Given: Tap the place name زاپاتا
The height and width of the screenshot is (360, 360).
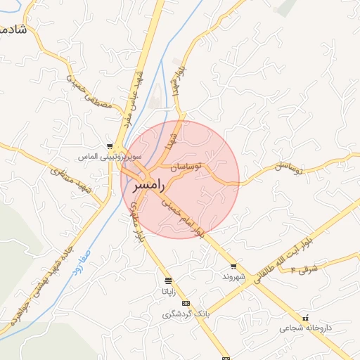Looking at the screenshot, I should tap(169, 290).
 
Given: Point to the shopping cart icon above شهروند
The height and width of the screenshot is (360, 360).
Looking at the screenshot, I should tap(233, 266).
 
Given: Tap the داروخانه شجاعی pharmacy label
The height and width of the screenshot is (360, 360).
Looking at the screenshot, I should tap(304, 328).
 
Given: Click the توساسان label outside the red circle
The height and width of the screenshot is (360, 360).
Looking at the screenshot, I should tap(288, 167).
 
